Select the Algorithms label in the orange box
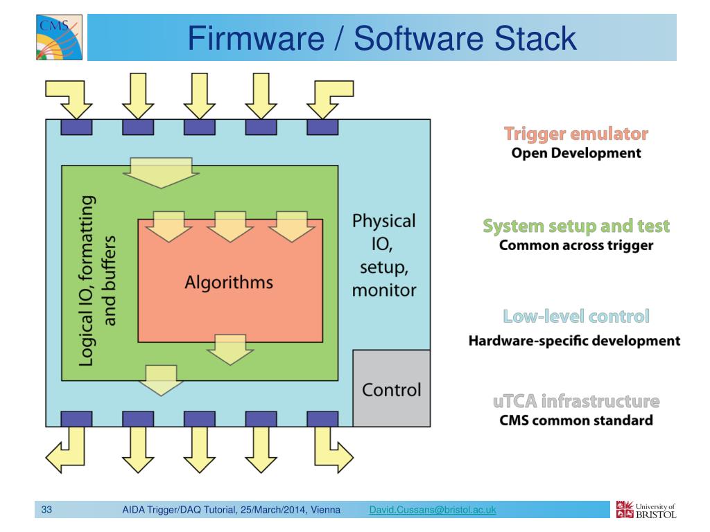(228, 282)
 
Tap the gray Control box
(392, 389)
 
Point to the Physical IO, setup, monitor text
(384, 255)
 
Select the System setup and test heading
(576, 227)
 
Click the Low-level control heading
(576, 317)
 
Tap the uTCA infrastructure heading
(576, 402)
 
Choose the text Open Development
(576, 153)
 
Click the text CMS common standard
(576, 420)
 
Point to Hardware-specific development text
(574, 341)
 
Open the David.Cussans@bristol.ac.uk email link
(433, 511)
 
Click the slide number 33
(47, 511)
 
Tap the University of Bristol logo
(645, 508)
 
